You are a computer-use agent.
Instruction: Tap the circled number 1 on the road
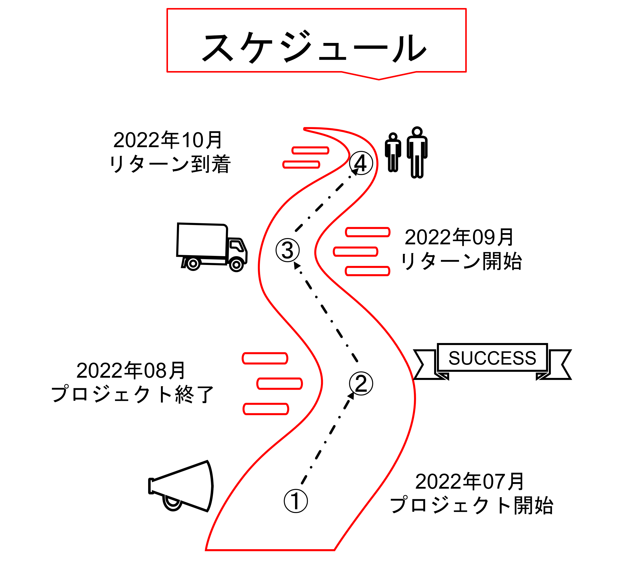(x=296, y=501)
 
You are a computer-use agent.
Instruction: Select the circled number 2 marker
(x=361, y=383)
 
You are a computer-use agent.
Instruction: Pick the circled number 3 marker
(x=287, y=250)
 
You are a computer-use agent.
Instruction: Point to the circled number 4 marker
(x=361, y=163)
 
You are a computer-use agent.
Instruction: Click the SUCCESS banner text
(x=492, y=358)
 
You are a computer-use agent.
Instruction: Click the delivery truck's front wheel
(x=236, y=265)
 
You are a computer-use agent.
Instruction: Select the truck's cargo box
(x=202, y=240)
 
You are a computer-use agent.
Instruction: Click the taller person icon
(x=417, y=152)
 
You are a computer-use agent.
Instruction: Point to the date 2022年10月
(x=168, y=140)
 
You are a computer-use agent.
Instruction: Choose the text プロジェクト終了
(x=132, y=394)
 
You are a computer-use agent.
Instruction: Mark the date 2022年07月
(x=470, y=481)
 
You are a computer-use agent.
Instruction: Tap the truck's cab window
(x=237, y=246)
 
